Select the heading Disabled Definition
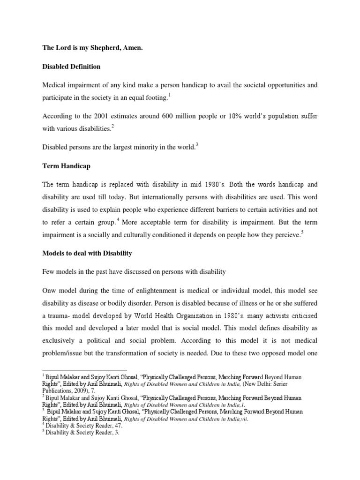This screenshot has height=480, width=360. click(71, 67)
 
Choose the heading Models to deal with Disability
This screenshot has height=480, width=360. click(87, 253)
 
